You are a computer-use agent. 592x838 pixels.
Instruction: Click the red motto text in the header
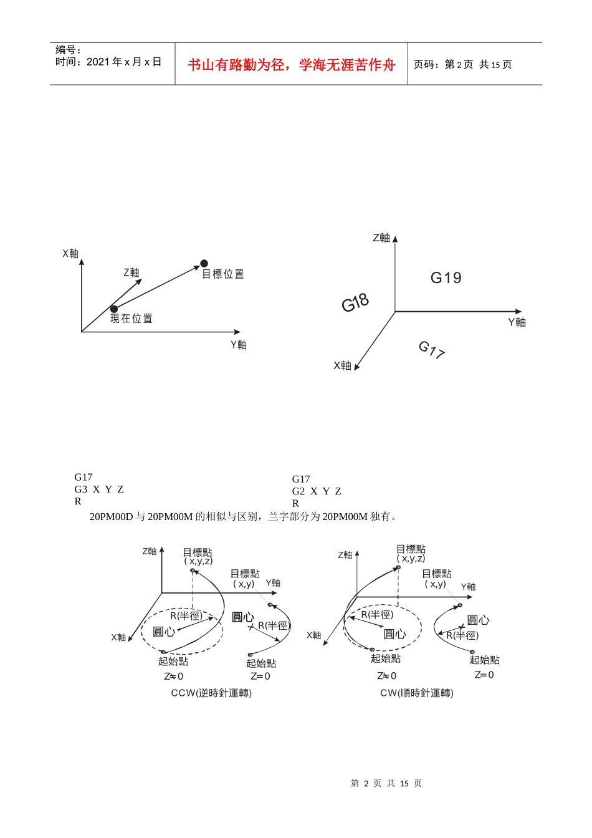292,65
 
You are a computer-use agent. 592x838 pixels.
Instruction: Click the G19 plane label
446,277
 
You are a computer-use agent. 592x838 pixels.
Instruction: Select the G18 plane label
355,303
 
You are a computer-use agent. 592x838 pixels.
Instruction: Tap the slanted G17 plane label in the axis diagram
431,349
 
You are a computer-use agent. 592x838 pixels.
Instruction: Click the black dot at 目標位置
204,263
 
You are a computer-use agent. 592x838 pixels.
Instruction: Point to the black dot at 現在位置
114,309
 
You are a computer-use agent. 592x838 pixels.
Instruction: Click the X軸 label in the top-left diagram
70,253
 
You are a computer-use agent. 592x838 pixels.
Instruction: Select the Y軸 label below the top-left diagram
239,345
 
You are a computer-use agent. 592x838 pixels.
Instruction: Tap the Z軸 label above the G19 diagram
381,238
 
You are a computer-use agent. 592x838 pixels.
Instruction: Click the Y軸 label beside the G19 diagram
517,322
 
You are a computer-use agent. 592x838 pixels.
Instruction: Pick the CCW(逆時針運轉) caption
211,693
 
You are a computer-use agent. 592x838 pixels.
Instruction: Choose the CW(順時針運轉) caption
417,693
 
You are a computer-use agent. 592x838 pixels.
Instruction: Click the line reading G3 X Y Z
99,489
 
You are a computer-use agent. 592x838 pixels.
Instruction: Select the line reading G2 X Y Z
317,491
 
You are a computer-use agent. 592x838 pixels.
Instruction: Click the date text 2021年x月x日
124,62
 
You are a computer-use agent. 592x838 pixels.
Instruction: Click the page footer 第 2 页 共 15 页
386,783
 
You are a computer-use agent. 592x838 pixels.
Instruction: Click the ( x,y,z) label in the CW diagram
411,558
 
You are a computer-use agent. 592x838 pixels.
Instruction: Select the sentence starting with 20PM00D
243,516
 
